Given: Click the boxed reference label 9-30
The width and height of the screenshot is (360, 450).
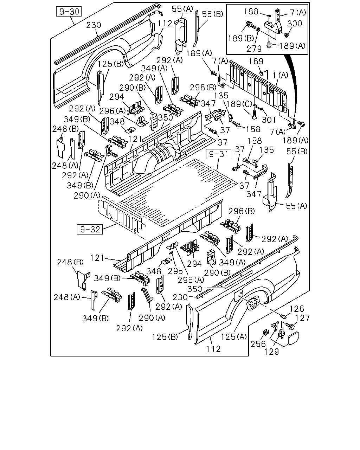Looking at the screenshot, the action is (x=69, y=12).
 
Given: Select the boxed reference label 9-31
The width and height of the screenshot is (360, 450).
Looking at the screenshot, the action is (x=218, y=154).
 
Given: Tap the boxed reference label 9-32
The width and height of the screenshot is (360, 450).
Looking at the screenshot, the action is (x=90, y=229).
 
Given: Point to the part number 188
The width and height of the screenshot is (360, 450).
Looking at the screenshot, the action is (x=251, y=12).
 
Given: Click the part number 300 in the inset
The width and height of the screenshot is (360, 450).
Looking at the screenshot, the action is (x=295, y=24).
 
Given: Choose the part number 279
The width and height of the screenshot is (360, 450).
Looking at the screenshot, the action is (x=254, y=49).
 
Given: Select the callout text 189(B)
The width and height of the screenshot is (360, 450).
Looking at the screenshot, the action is (x=241, y=38).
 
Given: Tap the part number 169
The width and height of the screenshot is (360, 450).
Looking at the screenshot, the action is (x=256, y=61).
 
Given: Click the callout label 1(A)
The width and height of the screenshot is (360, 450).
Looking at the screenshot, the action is (x=281, y=75).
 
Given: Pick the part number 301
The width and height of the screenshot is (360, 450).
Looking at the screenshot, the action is (x=269, y=120).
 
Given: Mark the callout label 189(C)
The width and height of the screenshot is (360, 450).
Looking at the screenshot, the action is (x=239, y=104).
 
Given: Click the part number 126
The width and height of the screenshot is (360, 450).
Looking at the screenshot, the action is (x=297, y=309).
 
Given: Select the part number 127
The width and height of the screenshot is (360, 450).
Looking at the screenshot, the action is (x=302, y=318).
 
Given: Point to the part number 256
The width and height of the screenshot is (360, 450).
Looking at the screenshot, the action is (x=258, y=344).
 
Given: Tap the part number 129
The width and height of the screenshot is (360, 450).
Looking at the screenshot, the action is (x=272, y=352).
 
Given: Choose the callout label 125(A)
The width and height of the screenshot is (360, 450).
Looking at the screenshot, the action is (x=234, y=337).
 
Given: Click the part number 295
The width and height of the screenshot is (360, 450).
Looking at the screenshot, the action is (x=175, y=271).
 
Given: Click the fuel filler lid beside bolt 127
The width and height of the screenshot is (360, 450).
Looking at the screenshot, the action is (x=293, y=338).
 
